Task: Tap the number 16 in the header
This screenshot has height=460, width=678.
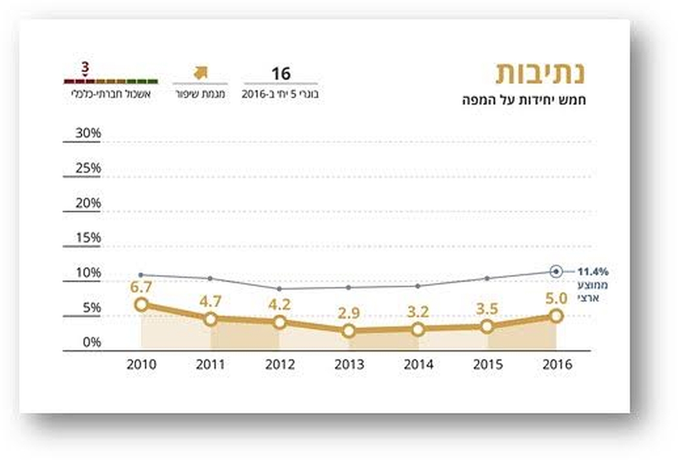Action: pos(281,73)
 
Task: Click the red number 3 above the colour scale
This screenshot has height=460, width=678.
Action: pos(85,67)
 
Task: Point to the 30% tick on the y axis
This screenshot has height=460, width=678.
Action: pos(88,133)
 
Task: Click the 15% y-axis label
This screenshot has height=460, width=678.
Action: pos(88,238)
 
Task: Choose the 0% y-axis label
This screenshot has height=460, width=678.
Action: pos(90,343)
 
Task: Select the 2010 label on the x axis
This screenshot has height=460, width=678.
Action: pos(141,364)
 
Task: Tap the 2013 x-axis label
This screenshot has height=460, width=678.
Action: pos(349,364)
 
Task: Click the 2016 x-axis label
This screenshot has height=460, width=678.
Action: pos(557,364)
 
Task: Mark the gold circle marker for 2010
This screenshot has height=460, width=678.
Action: pos(141,304)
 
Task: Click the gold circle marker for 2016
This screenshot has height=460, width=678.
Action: pos(556,316)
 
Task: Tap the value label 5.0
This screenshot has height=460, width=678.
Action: pos(556,299)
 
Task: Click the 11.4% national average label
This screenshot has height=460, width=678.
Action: pos(593,271)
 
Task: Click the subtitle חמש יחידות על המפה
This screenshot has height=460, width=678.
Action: pos(524,100)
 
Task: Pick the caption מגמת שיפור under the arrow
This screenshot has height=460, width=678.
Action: pos(200,95)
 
